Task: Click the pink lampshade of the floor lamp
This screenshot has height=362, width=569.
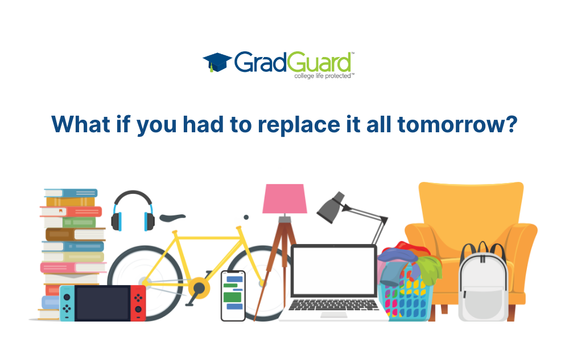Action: [285, 199]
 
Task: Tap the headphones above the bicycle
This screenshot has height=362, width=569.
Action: [133, 211]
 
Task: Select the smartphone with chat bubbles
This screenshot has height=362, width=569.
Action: [233, 295]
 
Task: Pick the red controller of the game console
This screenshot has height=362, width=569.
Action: [138, 303]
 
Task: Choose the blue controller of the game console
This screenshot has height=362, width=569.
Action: [68, 303]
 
